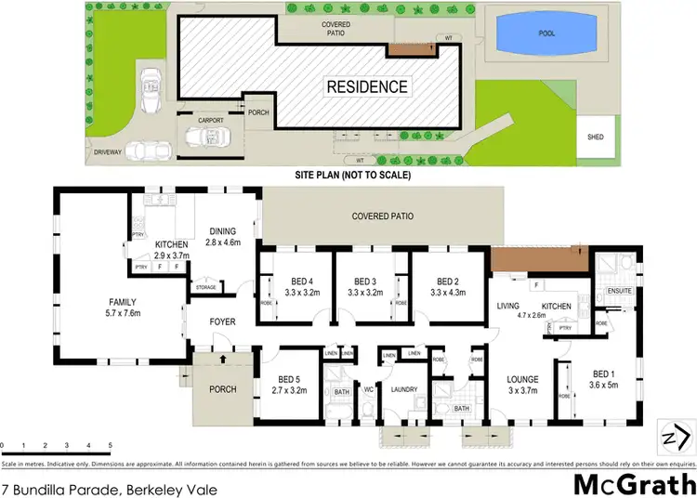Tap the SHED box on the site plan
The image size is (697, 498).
595,137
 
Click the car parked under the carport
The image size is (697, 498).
206,138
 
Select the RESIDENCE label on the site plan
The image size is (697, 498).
366,87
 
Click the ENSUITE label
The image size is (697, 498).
619,291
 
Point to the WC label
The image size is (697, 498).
368,389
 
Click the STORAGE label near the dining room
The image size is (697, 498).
205,287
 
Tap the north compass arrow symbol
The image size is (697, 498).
676,435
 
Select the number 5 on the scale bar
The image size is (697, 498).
111,446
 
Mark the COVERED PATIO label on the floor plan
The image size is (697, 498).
382,216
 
